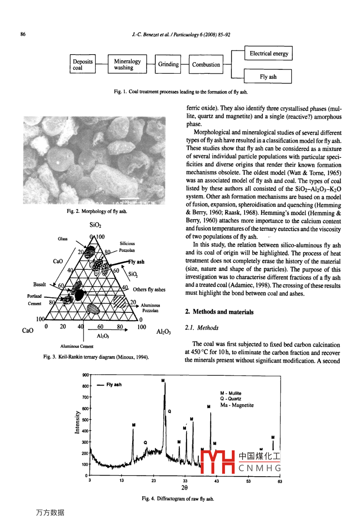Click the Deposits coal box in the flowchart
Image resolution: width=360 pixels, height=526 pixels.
[82, 65]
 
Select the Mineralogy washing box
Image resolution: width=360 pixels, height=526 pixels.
[127, 65]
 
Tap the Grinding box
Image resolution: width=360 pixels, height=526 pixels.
[168, 65]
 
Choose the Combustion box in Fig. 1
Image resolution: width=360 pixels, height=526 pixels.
[206, 65]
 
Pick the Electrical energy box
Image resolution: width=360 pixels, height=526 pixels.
[269, 54]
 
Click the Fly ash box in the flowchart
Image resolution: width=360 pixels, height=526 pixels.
[268, 77]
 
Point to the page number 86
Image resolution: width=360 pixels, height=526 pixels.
[23, 34]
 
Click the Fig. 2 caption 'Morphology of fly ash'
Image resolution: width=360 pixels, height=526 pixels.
[97, 211]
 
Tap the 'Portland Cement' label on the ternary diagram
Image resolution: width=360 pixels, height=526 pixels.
[34, 300]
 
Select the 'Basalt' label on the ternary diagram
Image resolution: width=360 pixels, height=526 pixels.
[39, 285]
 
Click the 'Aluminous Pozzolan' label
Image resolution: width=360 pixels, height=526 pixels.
[151, 308]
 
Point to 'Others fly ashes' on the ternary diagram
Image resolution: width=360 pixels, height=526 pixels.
[149, 290]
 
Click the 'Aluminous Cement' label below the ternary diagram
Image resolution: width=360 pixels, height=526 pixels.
[77, 346]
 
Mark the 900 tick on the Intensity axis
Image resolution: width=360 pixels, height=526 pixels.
[86, 375]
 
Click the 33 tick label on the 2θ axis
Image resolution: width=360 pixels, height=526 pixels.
[185, 481]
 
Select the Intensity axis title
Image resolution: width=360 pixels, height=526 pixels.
[77, 422]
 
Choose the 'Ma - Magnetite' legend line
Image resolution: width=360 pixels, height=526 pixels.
[237, 405]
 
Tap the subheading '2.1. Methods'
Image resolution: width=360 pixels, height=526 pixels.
[202, 328]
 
